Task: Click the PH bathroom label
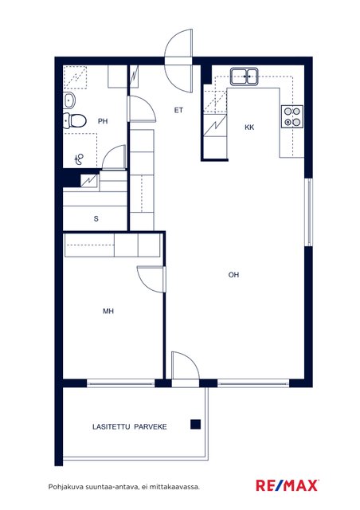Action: (103, 121)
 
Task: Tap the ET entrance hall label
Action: (178, 110)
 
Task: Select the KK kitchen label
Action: (249, 127)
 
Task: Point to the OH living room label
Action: (233, 275)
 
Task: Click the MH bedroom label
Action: (108, 312)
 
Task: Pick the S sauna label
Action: (96, 219)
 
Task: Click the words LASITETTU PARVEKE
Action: (130, 427)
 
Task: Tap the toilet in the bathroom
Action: (75, 121)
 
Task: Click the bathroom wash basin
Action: (69, 100)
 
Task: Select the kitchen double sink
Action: (245, 76)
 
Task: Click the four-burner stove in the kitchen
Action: (292, 117)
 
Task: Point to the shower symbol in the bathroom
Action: (79, 159)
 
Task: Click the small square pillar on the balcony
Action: (195, 425)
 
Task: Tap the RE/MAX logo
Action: (287, 485)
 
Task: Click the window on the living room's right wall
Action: (308, 212)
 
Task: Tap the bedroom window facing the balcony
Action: (121, 383)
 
